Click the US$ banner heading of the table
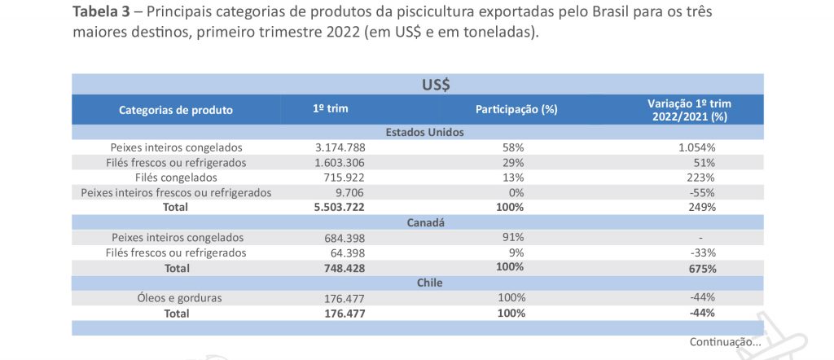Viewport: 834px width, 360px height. [437, 85]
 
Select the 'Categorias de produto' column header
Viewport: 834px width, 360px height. [176, 110]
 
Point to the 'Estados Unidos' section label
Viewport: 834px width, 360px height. [424, 132]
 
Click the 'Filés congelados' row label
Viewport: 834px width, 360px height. [176, 178]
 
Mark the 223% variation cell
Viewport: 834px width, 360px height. [701, 178]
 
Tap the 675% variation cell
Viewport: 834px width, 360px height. [701, 268]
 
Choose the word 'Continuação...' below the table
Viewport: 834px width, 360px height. [725, 342]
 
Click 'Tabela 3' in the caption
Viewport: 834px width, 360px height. [104, 13]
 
